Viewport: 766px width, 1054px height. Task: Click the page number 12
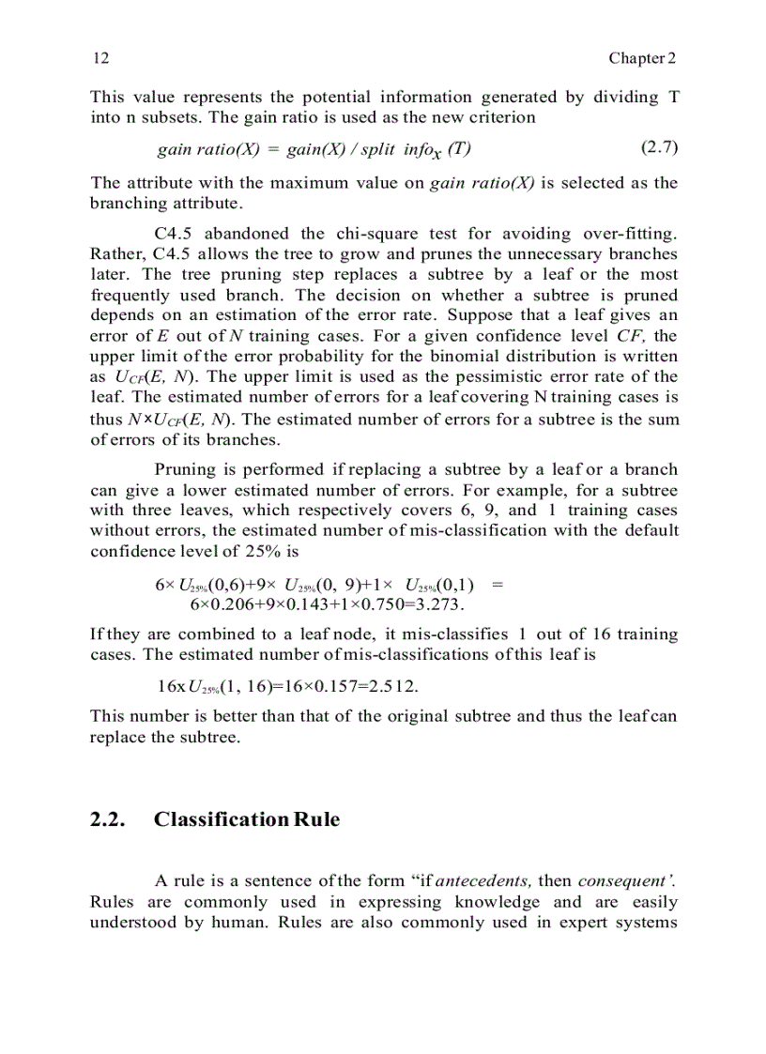101,58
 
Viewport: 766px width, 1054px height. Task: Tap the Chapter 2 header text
642,58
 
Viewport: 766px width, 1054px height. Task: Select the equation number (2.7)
659,147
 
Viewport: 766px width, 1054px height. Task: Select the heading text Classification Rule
247,819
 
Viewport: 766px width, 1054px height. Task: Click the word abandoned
248,234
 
